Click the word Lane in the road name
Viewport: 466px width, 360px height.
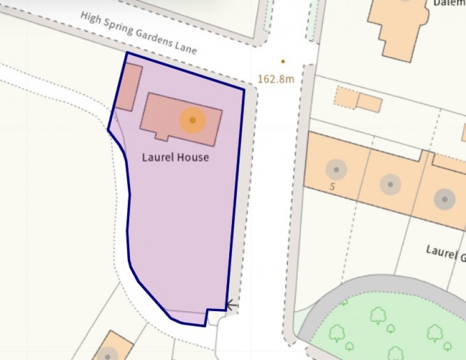click(185, 47)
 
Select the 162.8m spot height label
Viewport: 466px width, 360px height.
click(276, 79)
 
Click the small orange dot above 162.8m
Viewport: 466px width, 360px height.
click(283, 61)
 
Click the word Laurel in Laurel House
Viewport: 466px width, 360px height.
click(158, 158)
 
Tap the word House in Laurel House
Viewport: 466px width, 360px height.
click(192, 158)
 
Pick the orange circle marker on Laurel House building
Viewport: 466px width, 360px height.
click(192, 120)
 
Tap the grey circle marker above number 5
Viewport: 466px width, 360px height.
click(336, 170)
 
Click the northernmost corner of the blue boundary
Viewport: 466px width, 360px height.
click(127, 53)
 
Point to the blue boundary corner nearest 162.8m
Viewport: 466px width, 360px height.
click(244, 89)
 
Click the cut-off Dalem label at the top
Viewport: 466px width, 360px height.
click(449, 3)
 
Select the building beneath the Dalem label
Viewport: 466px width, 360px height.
click(397, 25)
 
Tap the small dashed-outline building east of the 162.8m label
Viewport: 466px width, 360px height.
click(346, 97)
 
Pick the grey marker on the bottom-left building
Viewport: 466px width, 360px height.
click(109, 353)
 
